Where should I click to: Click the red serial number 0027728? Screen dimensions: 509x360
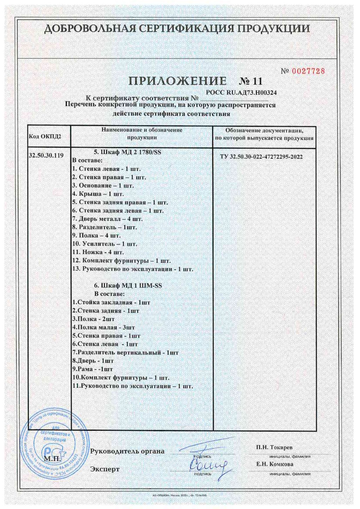(x=308, y=71)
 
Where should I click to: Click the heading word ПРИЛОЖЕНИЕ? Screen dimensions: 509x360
(x=177, y=81)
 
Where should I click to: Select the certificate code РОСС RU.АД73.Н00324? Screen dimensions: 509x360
(x=241, y=93)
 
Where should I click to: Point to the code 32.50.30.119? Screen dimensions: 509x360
(x=46, y=155)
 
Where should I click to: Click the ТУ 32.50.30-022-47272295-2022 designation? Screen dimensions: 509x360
(x=261, y=157)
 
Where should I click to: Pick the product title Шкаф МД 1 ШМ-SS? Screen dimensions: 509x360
(x=128, y=286)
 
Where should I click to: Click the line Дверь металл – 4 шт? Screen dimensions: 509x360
(x=107, y=219)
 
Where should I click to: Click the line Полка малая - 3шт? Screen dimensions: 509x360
(x=104, y=327)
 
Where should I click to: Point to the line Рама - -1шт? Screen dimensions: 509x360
(x=93, y=369)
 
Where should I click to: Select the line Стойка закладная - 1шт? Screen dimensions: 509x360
(x=111, y=302)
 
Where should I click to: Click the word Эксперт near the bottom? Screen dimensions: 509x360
(x=105, y=469)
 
